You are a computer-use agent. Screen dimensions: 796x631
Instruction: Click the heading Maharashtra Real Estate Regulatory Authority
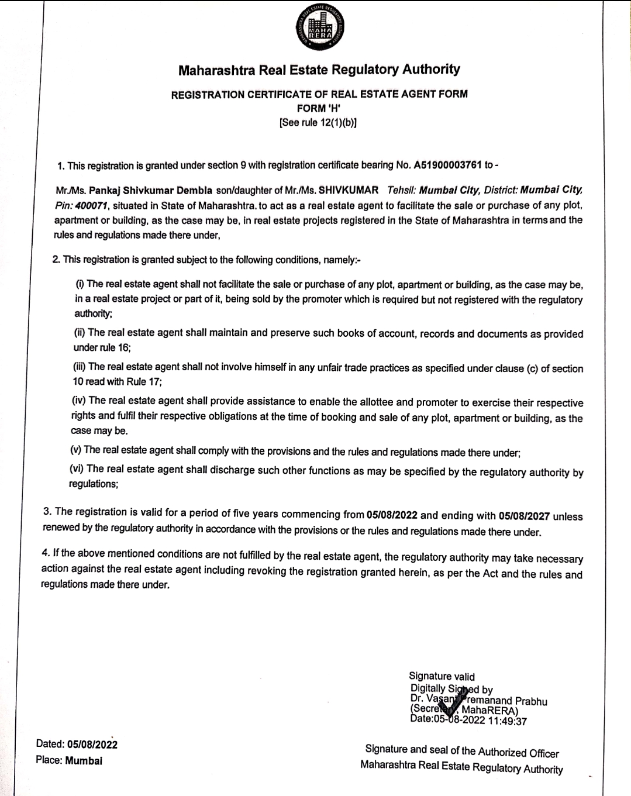(319, 70)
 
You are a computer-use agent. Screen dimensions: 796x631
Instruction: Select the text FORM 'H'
(319, 108)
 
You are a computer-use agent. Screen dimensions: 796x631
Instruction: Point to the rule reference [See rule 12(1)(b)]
(319, 123)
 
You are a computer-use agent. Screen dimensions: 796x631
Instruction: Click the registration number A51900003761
(447, 166)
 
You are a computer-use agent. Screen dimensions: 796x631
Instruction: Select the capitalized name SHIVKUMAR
(349, 191)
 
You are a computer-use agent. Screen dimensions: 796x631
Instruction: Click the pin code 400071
(94, 205)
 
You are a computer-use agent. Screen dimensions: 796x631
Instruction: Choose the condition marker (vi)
(77, 468)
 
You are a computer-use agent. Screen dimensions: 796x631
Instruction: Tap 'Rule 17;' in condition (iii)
(143, 382)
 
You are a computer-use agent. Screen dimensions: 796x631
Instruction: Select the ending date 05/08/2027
(524, 516)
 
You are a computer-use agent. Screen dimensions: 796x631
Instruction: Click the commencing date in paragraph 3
(392, 515)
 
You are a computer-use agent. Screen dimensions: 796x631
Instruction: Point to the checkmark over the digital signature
(457, 698)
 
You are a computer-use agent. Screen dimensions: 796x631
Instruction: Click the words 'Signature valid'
(442, 677)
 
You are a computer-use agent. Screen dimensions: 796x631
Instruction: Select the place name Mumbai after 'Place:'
(84, 761)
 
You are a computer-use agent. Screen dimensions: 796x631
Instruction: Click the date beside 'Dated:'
(92, 745)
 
